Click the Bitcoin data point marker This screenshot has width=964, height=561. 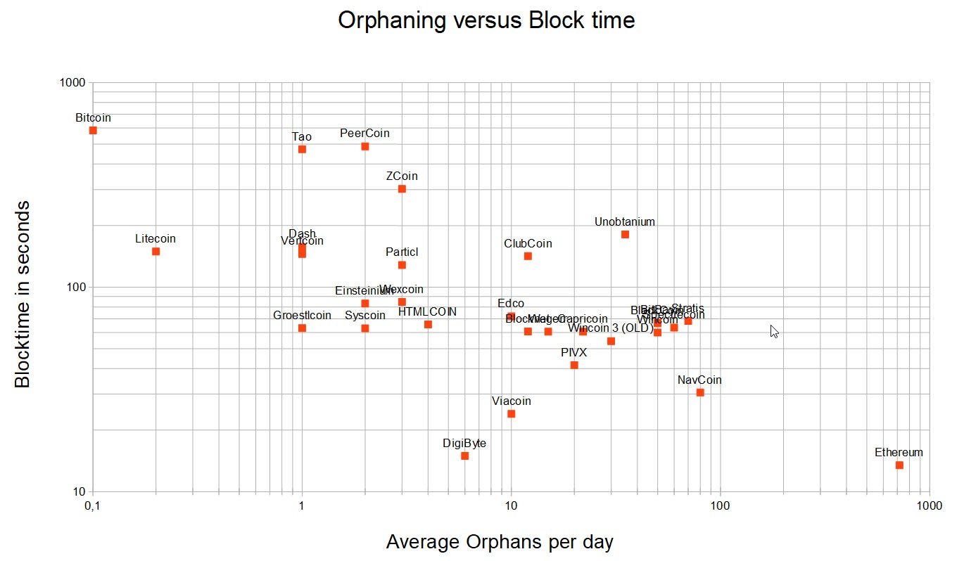coord(93,130)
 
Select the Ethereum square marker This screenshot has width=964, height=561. coord(899,465)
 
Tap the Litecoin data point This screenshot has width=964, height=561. coord(156,251)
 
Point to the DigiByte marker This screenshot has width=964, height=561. coord(464,456)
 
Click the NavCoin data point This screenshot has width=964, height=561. coord(700,392)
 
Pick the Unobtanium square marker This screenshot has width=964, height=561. coord(625,234)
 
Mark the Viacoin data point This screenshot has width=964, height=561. coord(512,413)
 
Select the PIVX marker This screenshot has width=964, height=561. coord(574,365)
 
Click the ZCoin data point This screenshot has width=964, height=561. coord(402,188)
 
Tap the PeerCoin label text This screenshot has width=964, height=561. coord(364,133)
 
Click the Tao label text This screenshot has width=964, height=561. coord(302,136)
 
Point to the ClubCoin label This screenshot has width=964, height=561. coord(528,243)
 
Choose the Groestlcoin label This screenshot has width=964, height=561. coord(302,316)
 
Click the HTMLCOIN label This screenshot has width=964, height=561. coord(427,311)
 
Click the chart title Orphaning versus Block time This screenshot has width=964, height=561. coord(486,20)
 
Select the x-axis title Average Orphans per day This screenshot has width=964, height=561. coord(500,542)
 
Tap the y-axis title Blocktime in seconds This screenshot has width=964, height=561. coord(23,293)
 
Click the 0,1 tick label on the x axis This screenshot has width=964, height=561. coord(92,506)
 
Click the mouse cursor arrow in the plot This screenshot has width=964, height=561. coord(774,331)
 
